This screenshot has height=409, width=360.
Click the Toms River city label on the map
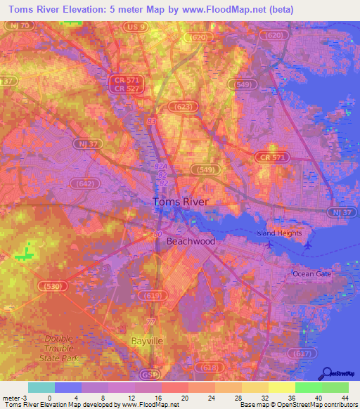click(181, 202)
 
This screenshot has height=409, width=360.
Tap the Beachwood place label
click(191, 241)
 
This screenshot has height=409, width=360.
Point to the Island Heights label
click(278, 233)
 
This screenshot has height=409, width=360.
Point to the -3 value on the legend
click(20, 398)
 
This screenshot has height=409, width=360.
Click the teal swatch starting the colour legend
click(41, 387)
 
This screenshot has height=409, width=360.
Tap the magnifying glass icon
click(326, 374)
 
